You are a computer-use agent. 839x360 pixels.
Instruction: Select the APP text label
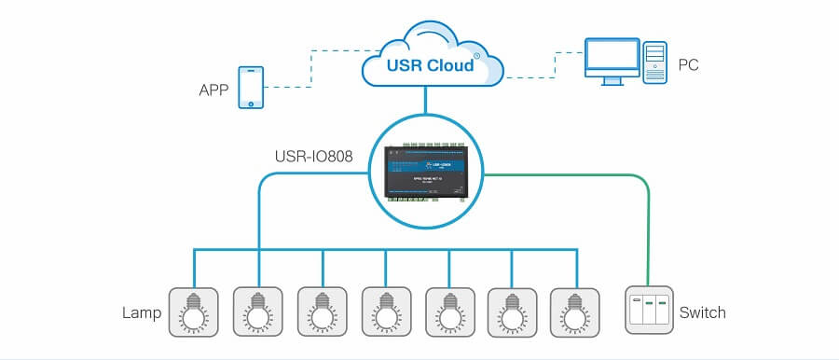tap(214, 91)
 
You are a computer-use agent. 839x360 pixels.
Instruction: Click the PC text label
tap(689, 64)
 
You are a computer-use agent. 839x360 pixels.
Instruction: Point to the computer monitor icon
tap(612, 60)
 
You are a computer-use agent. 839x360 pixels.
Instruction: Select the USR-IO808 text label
tap(312, 157)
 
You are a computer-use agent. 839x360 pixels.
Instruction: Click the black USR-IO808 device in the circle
tap(425, 172)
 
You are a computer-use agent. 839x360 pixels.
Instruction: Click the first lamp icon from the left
tap(194, 311)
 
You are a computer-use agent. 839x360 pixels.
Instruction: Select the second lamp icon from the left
tap(258, 311)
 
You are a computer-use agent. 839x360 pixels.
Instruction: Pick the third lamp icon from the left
tap(323, 311)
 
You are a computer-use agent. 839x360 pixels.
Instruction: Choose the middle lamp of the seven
tap(387, 311)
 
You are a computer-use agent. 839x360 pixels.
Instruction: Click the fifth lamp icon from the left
tap(450, 311)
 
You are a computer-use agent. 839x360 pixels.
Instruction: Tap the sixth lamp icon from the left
tap(513, 311)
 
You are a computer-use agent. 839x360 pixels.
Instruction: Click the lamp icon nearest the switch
tap(576, 311)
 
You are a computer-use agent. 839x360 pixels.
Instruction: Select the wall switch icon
tap(648, 311)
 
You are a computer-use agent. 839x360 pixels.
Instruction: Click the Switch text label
tap(702, 312)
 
